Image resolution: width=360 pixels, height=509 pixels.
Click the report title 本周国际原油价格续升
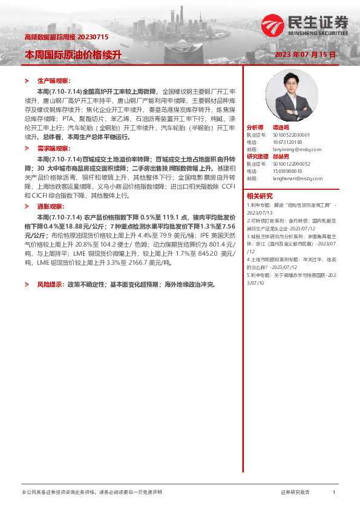point(73,54)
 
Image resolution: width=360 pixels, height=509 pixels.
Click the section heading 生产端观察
point(54,80)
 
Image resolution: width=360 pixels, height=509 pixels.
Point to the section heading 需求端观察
point(54,148)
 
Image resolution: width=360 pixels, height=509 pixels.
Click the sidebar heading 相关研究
point(259,195)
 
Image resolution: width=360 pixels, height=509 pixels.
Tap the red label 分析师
point(255,128)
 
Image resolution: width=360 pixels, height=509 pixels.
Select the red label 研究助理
point(257,157)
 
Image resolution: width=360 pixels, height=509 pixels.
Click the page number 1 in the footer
point(334,493)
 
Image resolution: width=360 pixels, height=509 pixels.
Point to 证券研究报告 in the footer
point(295,493)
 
